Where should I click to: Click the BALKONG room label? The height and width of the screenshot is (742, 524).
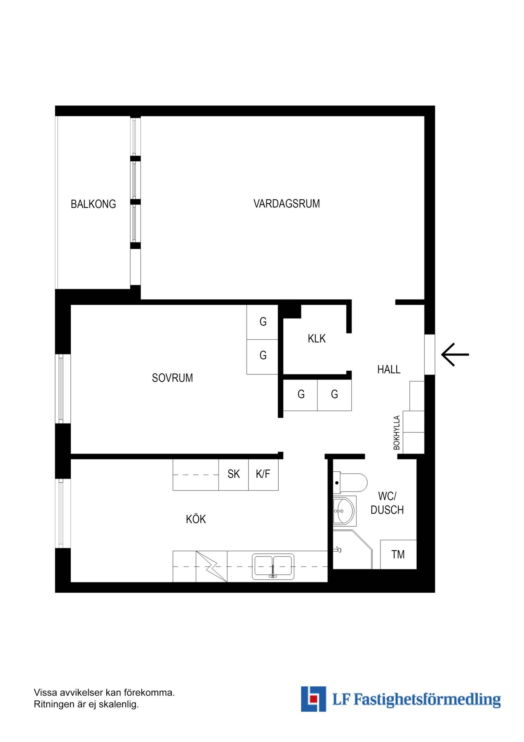pyautogui.click(x=93, y=204)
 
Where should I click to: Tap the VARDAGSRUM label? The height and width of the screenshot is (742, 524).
pyautogui.click(x=287, y=204)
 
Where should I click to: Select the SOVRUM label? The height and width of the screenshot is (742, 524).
pyautogui.click(x=172, y=378)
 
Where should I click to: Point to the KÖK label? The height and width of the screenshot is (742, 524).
pyautogui.click(x=196, y=519)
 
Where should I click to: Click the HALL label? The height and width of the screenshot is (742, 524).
pyautogui.click(x=389, y=370)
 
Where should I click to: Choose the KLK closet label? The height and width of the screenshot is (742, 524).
pyautogui.click(x=316, y=339)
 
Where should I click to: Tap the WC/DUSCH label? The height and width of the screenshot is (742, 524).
pyautogui.click(x=387, y=503)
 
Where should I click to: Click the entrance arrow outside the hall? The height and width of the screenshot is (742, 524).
pyautogui.click(x=455, y=354)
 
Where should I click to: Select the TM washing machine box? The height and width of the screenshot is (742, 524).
pyautogui.click(x=398, y=554)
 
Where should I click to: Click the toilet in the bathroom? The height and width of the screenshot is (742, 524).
pyautogui.click(x=350, y=483)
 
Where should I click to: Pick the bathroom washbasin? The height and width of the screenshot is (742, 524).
pyautogui.click(x=345, y=511)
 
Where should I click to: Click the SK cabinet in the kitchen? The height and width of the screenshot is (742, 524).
pyautogui.click(x=234, y=474)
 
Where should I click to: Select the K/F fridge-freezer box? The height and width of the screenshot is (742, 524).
pyautogui.click(x=263, y=474)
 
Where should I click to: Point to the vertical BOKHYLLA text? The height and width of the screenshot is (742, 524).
pyautogui.click(x=397, y=433)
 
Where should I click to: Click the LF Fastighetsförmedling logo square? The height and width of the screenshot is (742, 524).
pyautogui.click(x=313, y=699)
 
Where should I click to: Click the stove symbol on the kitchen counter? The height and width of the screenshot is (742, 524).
pyautogui.click(x=211, y=566)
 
